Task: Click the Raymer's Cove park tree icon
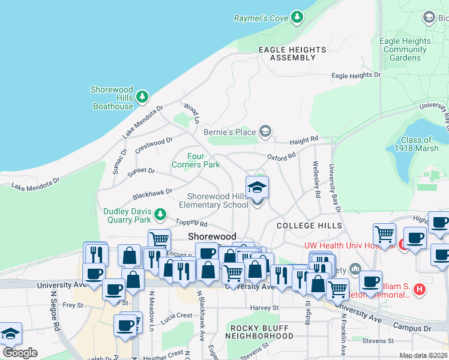(x=297, y=17)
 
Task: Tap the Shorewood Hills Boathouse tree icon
(x=142, y=96)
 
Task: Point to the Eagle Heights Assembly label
(x=292, y=53)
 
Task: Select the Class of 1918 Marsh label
(x=420, y=144)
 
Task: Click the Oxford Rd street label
(x=282, y=156)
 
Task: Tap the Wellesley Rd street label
(x=316, y=179)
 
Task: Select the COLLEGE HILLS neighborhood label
(x=310, y=226)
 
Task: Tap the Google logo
(x=20, y=353)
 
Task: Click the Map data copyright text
(x=424, y=355)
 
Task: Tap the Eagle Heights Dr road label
(x=356, y=76)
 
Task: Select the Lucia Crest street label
(x=176, y=315)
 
